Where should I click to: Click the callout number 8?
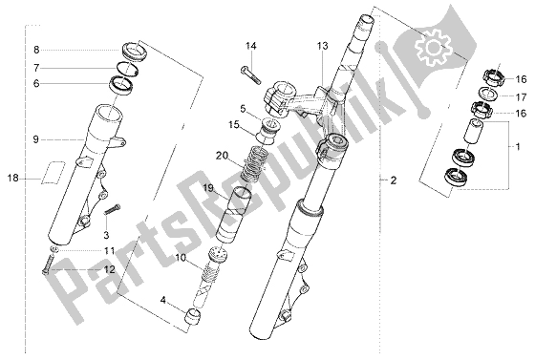(36, 50)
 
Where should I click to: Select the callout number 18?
(13, 178)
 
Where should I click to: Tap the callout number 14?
(251, 46)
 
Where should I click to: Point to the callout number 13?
(322, 46)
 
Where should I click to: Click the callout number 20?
(222, 156)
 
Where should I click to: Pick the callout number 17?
(521, 97)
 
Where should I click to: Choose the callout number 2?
(394, 180)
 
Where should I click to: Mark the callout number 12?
(110, 269)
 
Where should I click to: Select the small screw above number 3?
(112, 208)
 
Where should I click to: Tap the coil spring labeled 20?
(252, 162)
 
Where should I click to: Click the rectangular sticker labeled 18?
(53, 172)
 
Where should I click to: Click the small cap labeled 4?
(192, 315)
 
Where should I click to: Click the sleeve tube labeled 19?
(233, 214)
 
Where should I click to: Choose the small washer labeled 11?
(54, 249)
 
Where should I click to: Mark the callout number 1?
(518, 147)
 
